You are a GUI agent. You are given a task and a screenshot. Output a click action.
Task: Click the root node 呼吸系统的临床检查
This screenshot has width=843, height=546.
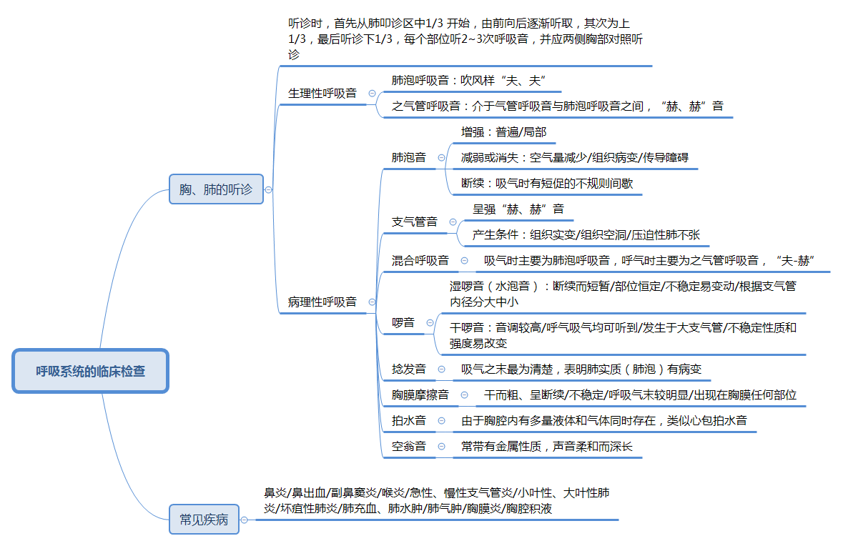click(x=90, y=371)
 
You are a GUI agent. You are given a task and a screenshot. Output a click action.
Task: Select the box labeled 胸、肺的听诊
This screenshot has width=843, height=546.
click(x=216, y=189)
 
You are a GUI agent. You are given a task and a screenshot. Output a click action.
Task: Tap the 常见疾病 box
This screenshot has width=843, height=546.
click(x=204, y=520)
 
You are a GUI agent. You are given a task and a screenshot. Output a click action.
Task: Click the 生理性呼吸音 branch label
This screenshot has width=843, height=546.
click(x=322, y=94)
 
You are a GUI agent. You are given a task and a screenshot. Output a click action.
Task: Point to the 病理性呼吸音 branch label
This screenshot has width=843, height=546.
click(x=322, y=302)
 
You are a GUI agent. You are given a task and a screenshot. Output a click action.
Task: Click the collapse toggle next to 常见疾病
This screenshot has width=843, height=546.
click(x=245, y=520)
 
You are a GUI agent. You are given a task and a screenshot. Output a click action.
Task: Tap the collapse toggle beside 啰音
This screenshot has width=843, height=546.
click(x=430, y=323)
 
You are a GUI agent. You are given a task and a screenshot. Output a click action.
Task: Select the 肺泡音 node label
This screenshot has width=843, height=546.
click(x=408, y=157)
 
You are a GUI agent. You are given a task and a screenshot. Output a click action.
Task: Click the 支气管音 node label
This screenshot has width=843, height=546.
click(x=414, y=222)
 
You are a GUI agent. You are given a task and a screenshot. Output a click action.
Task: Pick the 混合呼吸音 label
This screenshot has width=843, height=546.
click(x=420, y=261)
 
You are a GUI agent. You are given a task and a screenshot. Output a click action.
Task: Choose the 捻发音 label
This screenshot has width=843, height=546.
click(x=408, y=369)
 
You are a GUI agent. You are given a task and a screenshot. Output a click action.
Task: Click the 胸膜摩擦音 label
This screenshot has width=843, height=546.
click(x=420, y=394)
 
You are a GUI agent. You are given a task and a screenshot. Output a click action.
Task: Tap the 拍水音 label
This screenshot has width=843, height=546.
click(x=408, y=420)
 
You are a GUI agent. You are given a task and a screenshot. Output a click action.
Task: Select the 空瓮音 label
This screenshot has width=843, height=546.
click(x=408, y=447)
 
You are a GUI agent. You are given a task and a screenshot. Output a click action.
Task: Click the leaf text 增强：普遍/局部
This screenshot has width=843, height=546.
click(x=503, y=131)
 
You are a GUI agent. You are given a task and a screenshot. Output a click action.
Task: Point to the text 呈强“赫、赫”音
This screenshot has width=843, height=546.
click(x=518, y=209)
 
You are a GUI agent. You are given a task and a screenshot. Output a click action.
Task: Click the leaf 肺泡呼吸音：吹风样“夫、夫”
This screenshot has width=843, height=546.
click(x=468, y=80)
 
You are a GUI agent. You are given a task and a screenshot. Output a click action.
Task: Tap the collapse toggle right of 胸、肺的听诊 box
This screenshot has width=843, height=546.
click(x=268, y=190)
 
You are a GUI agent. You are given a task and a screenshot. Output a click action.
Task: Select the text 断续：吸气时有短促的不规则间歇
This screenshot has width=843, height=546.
click(x=546, y=183)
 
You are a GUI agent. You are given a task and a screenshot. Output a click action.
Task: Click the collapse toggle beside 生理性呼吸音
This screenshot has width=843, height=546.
click(x=372, y=94)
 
